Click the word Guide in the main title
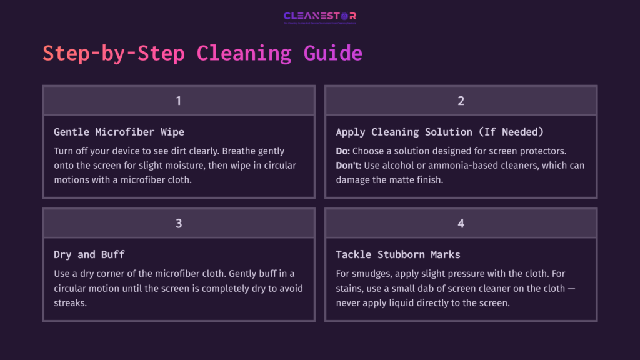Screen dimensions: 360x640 click(x=332, y=53)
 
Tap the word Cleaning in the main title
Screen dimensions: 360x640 click(x=244, y=53)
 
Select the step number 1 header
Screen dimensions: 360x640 click(x=179, y=101)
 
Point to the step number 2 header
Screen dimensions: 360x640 click(x=461, y=101)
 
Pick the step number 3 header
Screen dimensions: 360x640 click(x=179, y=223)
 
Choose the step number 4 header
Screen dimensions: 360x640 click(x=461, y=223)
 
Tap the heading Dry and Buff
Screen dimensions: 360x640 click(x=89, y=254)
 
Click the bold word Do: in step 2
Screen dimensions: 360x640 click(x=344, y=151)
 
